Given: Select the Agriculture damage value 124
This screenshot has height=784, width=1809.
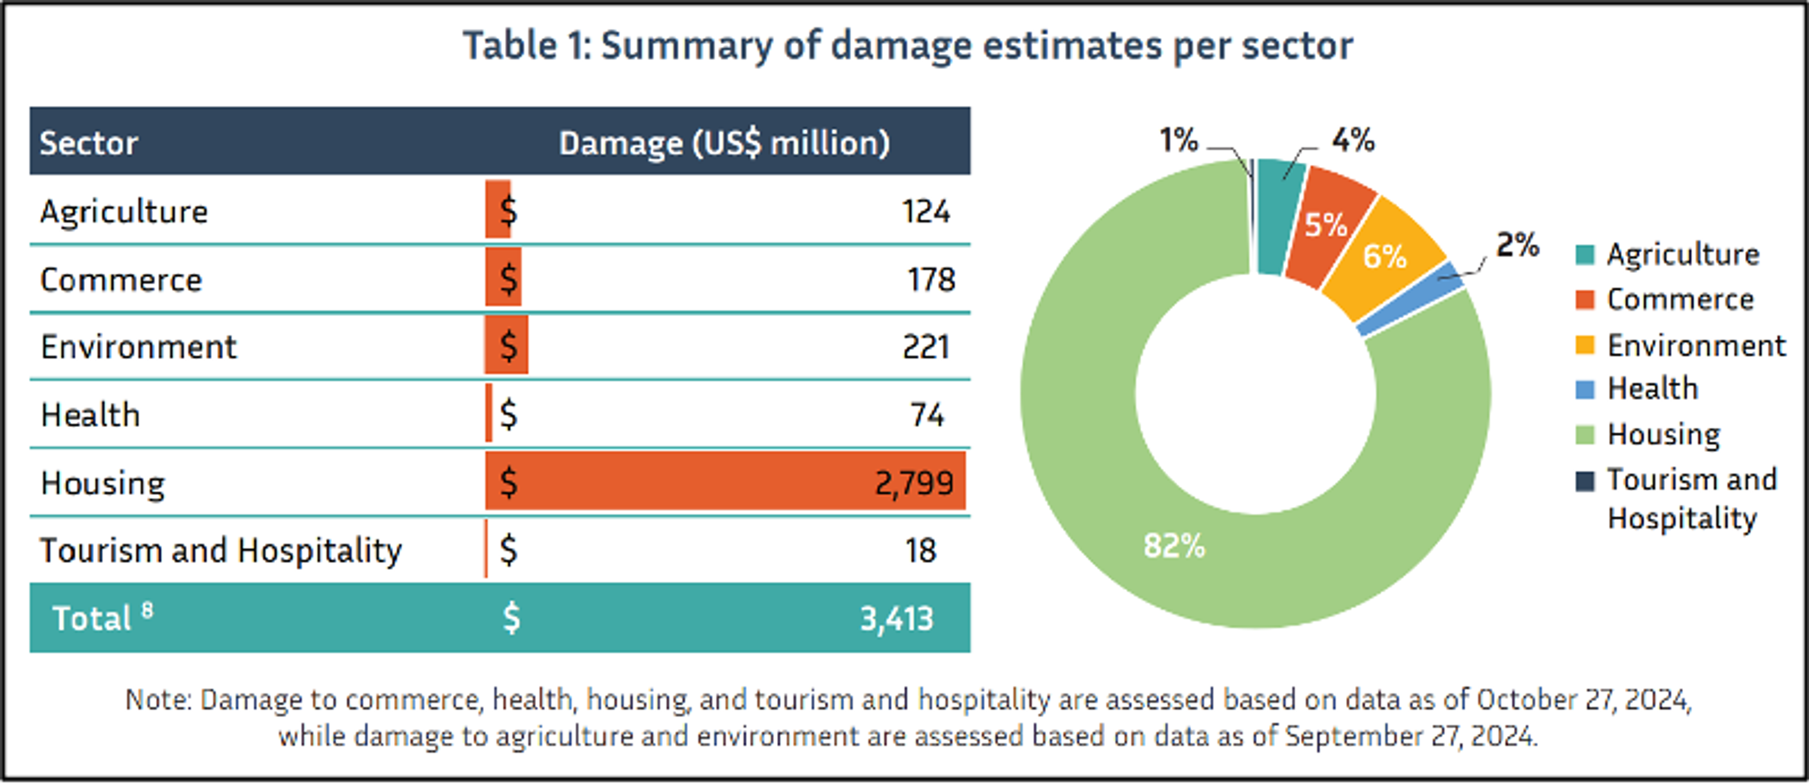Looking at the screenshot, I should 926,211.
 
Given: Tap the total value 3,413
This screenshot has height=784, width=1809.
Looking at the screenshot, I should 897,618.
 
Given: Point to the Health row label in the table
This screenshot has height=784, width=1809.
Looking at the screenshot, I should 90,415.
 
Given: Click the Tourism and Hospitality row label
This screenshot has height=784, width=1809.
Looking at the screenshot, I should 220,550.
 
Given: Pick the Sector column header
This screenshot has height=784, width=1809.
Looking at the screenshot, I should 89,143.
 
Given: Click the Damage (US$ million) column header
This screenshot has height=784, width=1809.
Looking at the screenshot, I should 724,143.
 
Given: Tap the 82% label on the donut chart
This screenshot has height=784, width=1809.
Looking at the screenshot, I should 1174,545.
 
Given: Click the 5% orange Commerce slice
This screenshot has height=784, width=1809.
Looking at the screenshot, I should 1326,225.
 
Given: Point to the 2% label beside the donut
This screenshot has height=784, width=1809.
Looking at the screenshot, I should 1517,245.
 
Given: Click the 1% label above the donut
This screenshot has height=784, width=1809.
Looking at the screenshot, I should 1178,140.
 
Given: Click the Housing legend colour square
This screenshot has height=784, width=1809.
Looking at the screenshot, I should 1585,435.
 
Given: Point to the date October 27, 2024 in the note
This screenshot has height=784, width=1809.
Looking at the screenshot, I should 1583,700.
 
